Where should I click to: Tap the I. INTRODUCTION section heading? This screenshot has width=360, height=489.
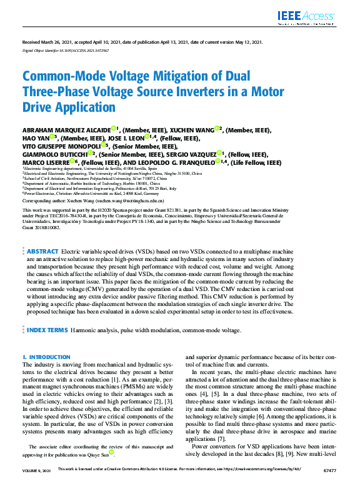[46, 357]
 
